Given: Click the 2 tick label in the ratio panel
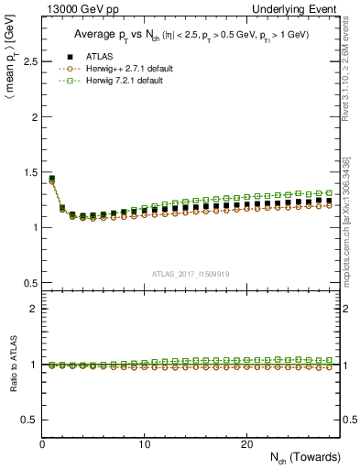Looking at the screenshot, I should click(33, 309).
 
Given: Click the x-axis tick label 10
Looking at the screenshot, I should click(145, 444).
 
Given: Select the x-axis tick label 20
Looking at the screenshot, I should click(246, 444).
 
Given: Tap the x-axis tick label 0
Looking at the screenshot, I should click(43, 444).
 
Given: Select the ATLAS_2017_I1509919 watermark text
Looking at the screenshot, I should click(190, 274).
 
